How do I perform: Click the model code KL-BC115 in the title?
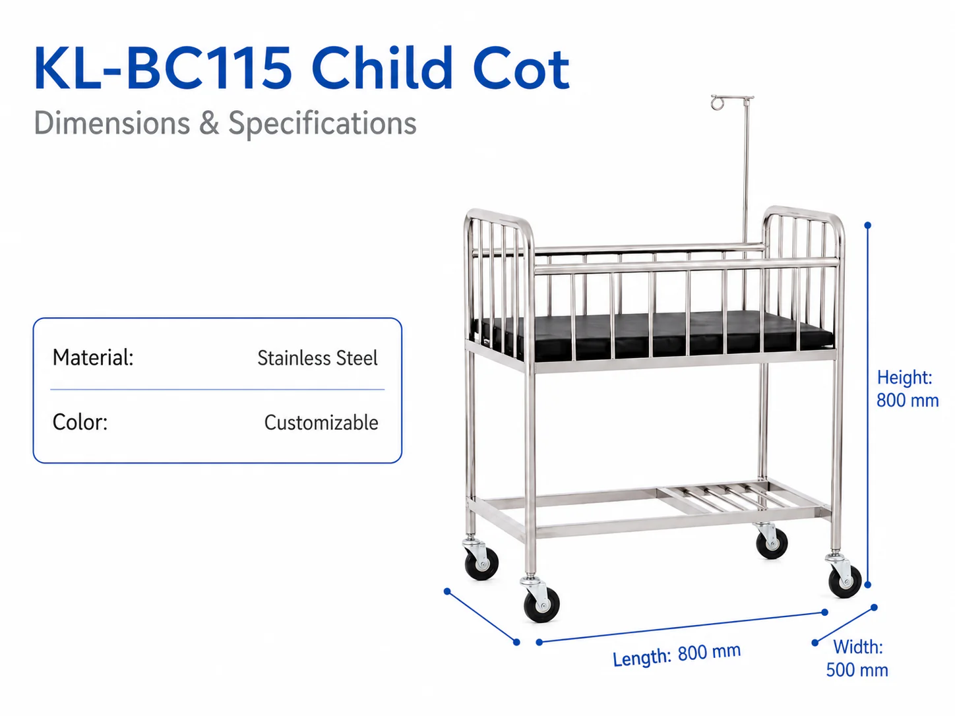tap(163, 69)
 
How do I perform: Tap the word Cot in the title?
tap(521, 69)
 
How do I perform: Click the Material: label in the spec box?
tap(93, 358)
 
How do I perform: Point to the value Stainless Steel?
tap(317, 358)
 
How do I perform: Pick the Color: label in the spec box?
tap(80, 422)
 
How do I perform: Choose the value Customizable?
tap(321, 423)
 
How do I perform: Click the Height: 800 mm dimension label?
tap(908, 388)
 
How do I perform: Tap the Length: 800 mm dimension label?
tap(677, 655)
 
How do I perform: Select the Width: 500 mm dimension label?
tap(857, 659)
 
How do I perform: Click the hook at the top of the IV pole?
tap(718, 103)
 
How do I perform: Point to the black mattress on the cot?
tap(653, 335)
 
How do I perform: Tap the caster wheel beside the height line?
tap(845, 581)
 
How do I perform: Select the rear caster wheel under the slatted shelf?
tap(772, 543)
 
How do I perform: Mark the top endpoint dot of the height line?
tap(867, 225)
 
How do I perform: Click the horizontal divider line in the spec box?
tap(218, 390)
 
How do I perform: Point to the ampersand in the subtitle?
tap(209, 123)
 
